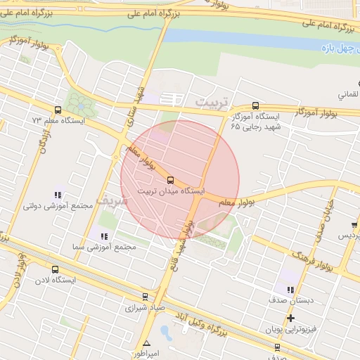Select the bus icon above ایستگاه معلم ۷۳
(x=57, y=110)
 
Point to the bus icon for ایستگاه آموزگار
(x=255, y=105)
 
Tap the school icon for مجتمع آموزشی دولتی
(x=58, y=195)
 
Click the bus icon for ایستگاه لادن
(x=55, y=269)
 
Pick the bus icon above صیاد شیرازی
(x=145, y=297)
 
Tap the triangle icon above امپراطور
(x=146, y=344)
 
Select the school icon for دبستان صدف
(x=289, y=289)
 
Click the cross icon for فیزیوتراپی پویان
(x=291, y=319)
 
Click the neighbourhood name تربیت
(x=212, y=103)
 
